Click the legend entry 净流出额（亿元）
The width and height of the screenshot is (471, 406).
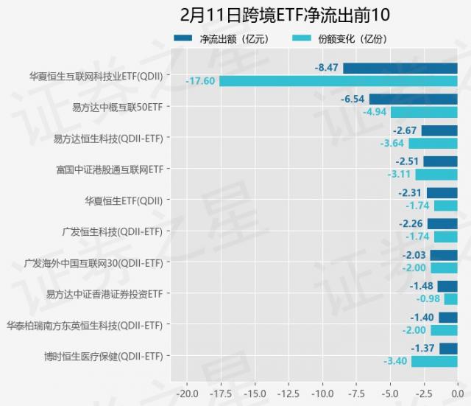(x=219, y=38)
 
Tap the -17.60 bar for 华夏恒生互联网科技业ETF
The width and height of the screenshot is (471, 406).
(x=338, y=81)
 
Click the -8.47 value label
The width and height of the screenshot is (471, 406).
(x=327, y=68)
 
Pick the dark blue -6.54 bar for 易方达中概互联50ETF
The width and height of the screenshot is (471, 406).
(x=413, y=99)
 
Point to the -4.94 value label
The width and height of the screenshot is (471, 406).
(x=375, y=112)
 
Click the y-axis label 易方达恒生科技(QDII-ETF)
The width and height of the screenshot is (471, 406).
(x=109, y=138)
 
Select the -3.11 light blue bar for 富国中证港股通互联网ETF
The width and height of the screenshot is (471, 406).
(x=436, y=175)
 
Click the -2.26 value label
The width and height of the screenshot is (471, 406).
(x=411, y=224)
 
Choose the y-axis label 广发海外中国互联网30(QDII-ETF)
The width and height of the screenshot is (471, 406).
(x=93, y=262)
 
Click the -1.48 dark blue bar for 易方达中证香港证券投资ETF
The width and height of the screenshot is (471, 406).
(x=447, y=286)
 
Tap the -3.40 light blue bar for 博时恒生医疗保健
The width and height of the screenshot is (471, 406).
(x=434, y=361)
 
